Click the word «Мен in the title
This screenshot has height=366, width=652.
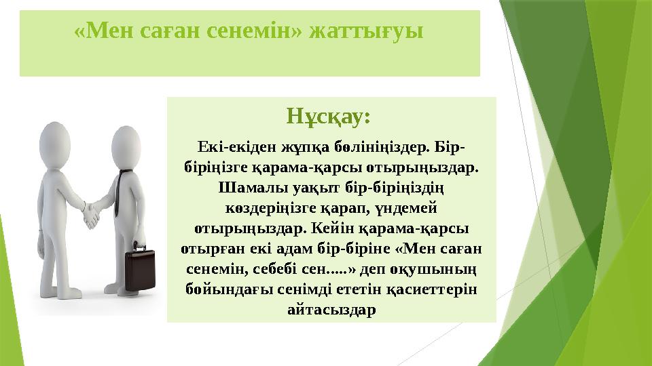100,31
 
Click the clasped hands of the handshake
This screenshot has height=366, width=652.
92,216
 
